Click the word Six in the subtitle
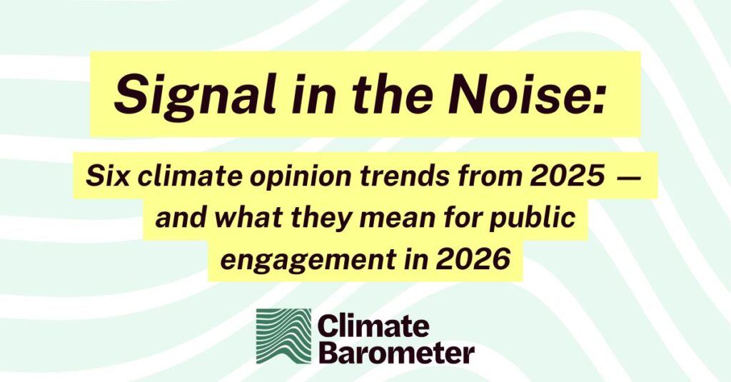coord(108,176)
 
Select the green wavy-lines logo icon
coord(283,336)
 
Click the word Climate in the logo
coord(373,326)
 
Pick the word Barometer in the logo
coord(396,353)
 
